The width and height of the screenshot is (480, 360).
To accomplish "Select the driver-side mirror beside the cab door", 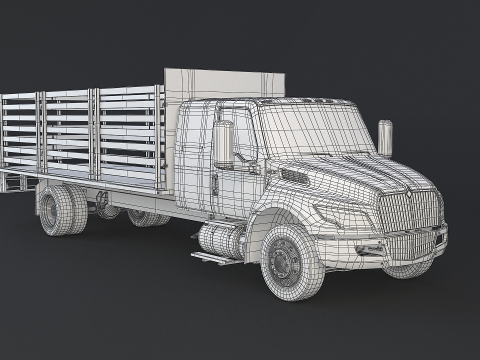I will click(x=223, y=144).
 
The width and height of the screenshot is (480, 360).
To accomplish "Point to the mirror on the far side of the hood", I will click(x=385, y=137).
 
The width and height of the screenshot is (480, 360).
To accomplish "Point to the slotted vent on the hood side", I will click(x=294, y=177).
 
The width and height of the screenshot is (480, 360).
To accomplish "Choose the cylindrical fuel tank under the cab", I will click(x=220, y=240).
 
